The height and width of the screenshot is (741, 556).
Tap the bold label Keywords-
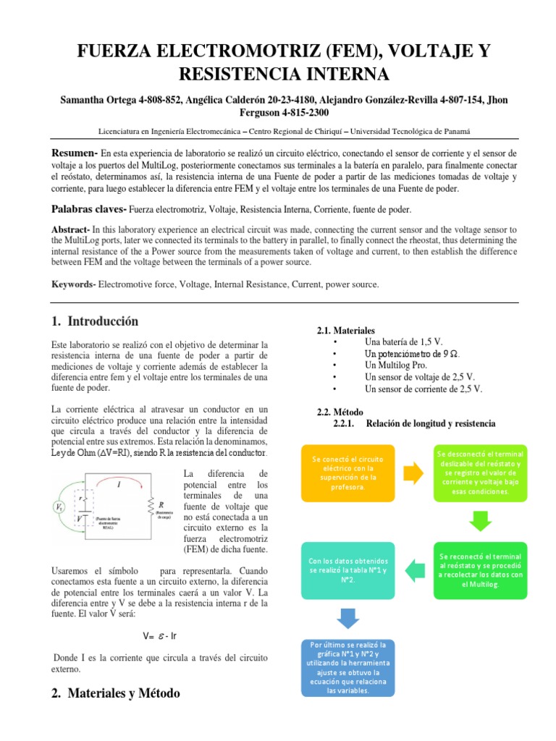point(74,285)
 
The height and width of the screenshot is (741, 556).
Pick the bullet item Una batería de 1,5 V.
point(403,342)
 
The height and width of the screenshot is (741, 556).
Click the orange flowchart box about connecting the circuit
point(348,473)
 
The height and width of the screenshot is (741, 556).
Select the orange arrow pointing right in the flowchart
point(414,473)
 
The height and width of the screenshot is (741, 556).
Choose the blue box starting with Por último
point(347,667)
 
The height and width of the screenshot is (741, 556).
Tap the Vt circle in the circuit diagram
point(59,507)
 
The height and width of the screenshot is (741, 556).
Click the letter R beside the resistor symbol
point(161,504)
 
